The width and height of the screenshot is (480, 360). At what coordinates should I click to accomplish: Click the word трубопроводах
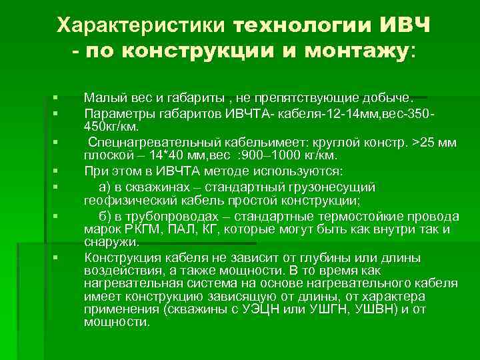point(154,217)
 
